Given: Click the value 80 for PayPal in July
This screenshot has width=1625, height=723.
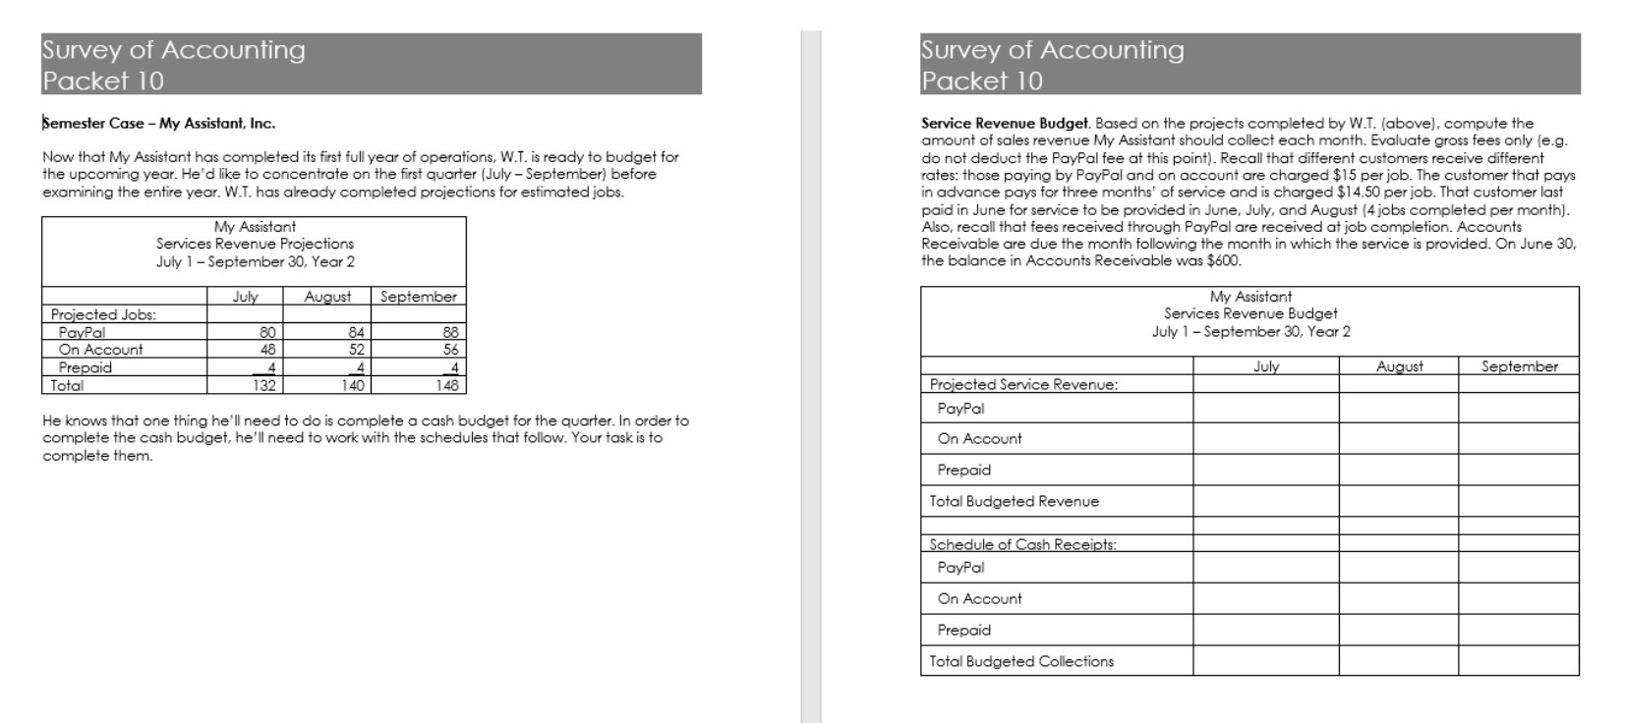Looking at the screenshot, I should click(x=267, y=332).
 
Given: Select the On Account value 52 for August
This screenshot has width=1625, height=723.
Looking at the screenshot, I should click(x=356, y=350).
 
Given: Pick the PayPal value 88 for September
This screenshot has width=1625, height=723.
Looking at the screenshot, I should click(x=450, y=332).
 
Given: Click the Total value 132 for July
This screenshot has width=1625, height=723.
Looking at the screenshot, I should click(x=264, y=386).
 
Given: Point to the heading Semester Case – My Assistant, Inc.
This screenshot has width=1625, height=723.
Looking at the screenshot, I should click(x=159, y=123).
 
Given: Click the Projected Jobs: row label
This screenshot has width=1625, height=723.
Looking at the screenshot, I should click(x=103, y=314).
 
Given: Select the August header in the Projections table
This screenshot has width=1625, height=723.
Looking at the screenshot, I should click(x=327, y=297).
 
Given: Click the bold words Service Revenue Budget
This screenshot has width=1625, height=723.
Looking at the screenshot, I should click(x=1005, y=123).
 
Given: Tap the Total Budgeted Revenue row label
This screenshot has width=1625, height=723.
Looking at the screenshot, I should click(x=1014, y=501).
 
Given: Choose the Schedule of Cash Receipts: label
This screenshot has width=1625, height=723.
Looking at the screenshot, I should click(x=1022, y=544).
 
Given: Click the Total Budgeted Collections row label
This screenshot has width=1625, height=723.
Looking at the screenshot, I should click(x=1021, y=661).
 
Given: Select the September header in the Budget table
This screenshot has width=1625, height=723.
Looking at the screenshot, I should click(x=1519, y=366).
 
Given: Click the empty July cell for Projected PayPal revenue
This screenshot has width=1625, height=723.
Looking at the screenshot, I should click(x=1265, y=408).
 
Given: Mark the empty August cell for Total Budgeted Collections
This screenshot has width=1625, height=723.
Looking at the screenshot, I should click(x=1398, y=661).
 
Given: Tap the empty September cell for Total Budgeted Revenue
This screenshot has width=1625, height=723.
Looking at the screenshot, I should click(x=1519, y=501).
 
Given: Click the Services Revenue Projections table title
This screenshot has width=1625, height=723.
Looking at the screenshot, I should click(x=255, y=244).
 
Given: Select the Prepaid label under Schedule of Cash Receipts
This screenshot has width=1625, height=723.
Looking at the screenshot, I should click(x=963, y=630).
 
